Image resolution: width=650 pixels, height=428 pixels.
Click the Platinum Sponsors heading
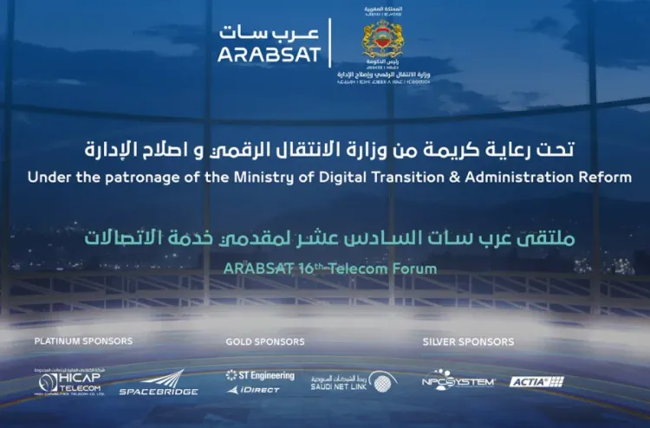tap(83, 341)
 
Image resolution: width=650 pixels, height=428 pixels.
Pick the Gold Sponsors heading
tap(264, 341)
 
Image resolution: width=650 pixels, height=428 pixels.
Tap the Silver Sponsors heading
tap(468, 341)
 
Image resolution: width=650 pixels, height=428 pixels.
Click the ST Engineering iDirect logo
tap(259, 382)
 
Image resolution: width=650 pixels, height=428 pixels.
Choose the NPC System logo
tap(457, 381)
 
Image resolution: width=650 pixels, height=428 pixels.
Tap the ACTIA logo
tap(536, 381)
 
